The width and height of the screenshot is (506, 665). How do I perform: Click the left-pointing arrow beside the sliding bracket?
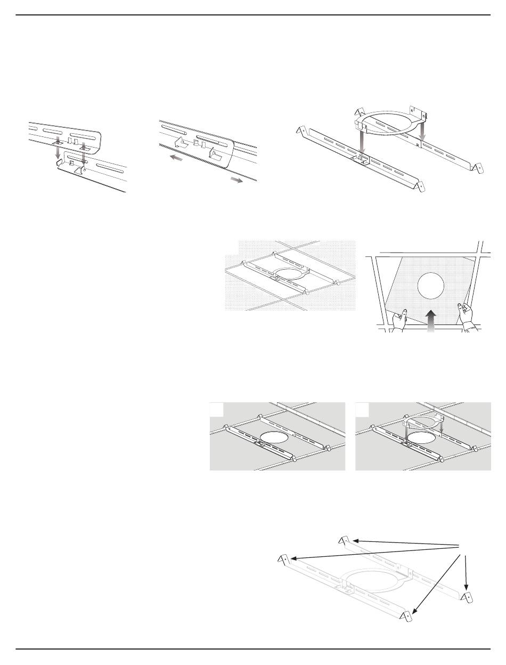pos(175,158)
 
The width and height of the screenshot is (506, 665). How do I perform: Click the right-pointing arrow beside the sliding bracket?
pos(236,180)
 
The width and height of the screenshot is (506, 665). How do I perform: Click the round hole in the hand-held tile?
pos(431,287)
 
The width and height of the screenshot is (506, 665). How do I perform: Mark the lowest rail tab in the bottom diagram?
pos(407,617)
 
